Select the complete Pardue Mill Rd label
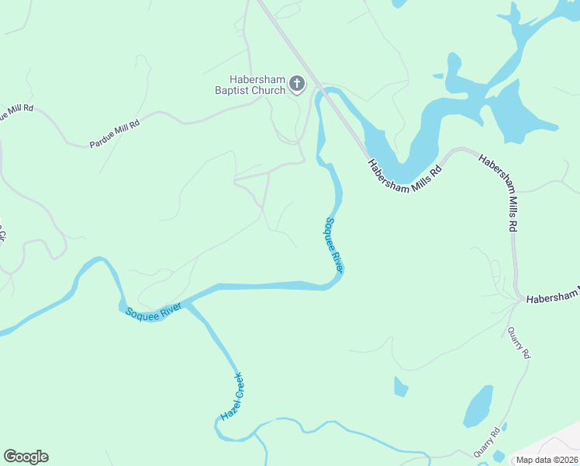[114, 134]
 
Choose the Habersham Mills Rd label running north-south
[499, 192]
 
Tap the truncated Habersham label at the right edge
[552, 297]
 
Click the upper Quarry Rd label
[519, 343]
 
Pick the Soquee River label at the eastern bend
[333, 244]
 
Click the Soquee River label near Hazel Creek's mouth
[154, 312]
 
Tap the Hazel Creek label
[232, 396]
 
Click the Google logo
[26, 457]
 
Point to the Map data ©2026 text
[547, 459]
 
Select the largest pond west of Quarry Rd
[478, 406]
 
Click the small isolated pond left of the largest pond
[400, 386]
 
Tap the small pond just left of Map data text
[497, 456]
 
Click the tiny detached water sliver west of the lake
[438, 76]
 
